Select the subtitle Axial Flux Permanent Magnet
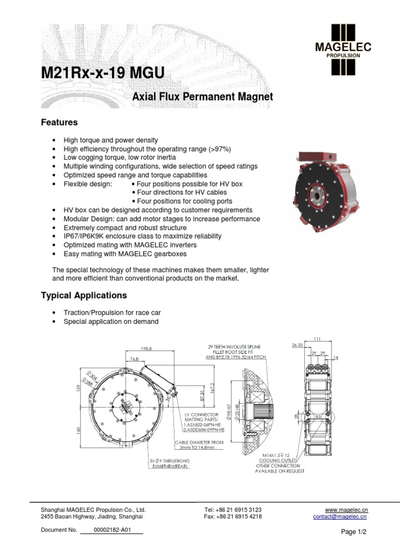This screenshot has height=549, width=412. tap(202, 97)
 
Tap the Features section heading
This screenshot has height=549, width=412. tap(59, 122)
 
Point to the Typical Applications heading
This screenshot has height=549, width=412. tap(84, 295)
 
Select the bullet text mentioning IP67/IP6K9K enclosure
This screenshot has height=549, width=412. tap(142, 236)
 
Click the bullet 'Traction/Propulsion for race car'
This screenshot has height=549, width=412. tap(112, 313)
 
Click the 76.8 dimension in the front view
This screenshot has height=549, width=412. tap(134, 359)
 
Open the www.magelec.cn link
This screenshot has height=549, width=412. tap(347, 509)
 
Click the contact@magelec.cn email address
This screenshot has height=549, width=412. tap(340, 517)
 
